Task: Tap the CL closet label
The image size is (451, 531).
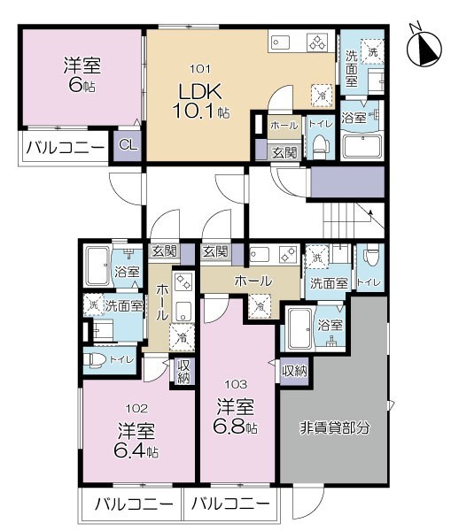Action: pyautogui.click(x=128, y=145)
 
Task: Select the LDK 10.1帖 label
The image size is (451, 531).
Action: pyautogui.click(x=200, y=100)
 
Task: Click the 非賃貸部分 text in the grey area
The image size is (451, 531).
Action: pyautogui.click(x=334, y=428)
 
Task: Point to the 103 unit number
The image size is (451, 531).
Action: pyautogui.click(x=236, y=384)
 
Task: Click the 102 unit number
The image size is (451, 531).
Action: pyautogui.click(x=136, y=409)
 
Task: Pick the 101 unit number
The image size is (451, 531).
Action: pyautogui.click(x=200, y=69)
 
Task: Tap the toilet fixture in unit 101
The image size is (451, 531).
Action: pyautogui.click(x=320, y=146)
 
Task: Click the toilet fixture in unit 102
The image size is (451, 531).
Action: pyautogui.click(x=94, y=361)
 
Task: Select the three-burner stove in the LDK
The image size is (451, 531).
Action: pyautogui.click(x=318, y=42)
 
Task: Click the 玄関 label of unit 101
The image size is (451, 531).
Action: pyautogui.click(x=284, y=153)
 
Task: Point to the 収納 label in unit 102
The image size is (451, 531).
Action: pyautogui.click(x=183, y=372)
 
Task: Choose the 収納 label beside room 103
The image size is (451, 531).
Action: pyautogui.click(x=295, y=371)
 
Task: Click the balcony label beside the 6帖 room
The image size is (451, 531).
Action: pyautogui.click(x=65, y=148)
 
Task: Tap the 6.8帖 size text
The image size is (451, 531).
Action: pyautogui.click(x=234, y=427)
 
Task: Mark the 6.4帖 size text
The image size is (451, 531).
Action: pyautogui.click(x=136, y=451)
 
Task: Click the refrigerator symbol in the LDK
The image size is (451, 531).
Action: pyautogui.click(x=323, y=96)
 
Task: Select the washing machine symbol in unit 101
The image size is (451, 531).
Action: pyautogui.click(x=372, y=51)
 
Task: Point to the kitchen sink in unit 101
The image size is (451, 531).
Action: pyautogui.click(x=280, y=42)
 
